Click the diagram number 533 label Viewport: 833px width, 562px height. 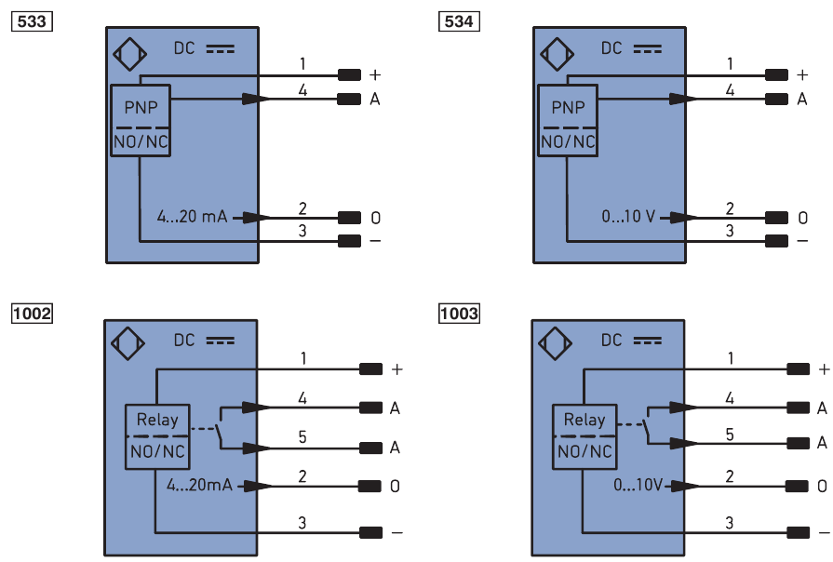coord(30,20)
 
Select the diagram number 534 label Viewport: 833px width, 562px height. coord(459,20)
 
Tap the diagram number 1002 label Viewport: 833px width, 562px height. coord(31,314)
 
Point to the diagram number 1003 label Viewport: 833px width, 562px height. coord(459,314)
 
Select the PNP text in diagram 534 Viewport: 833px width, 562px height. coord(569,108)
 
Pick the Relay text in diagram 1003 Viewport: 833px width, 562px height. coord(584,420)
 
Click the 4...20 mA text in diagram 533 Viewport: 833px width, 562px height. coord(191,218)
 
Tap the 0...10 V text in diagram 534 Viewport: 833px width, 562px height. coord(629,218)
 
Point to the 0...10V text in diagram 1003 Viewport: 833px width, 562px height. coord(639,485)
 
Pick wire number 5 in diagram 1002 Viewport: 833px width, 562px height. coord(302,435)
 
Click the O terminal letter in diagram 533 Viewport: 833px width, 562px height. coord(375,218)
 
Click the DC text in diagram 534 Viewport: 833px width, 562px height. coord(611,47)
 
